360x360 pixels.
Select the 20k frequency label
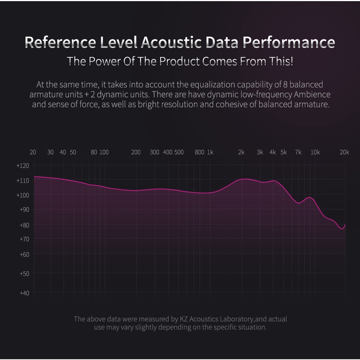[344, 152]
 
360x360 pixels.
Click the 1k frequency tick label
[210, 152]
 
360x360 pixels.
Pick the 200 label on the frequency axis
[136, 152]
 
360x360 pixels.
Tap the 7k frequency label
[298, 152]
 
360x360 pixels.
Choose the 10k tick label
[315, 152]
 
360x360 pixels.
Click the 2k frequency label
[241, 152]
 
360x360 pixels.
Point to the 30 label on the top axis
[50, 152]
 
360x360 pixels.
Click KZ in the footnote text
[183, 319]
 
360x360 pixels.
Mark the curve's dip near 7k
[298, 203]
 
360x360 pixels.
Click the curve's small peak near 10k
[309, 197]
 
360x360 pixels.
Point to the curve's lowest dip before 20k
[342, 228]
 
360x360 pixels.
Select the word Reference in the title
[60, 42]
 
